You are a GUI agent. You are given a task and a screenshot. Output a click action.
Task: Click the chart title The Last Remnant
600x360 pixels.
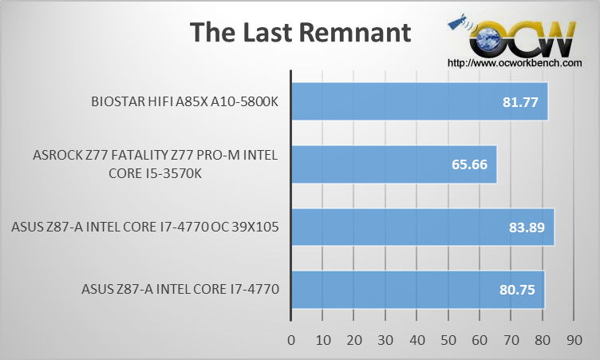(x=300, y=32)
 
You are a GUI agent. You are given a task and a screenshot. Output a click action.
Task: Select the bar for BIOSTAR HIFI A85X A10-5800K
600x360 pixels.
(x=420, y=101)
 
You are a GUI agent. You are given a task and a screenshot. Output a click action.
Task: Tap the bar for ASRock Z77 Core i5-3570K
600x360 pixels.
(x=394, y=164)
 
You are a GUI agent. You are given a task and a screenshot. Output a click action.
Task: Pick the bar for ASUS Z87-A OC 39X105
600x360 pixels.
(x=423, y=227)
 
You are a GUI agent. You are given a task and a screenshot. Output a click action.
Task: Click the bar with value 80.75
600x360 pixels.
(x=418, y=290)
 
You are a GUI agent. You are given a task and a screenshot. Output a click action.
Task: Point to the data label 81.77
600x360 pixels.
(x=520, y=102)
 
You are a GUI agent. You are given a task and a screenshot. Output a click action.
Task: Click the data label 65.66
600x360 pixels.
(x=469, y=164)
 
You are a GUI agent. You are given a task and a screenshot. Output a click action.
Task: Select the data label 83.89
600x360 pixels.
(x=527, y=227)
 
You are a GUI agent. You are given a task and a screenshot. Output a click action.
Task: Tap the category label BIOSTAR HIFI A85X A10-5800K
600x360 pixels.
(x=185, y=102)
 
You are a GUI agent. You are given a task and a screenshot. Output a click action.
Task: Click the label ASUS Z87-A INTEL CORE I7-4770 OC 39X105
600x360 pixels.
(x=145, y=227)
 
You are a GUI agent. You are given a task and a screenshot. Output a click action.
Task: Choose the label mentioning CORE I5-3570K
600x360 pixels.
(x=156, y=164)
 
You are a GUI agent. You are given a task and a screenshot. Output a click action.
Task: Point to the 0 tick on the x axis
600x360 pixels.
(x=291, y=340)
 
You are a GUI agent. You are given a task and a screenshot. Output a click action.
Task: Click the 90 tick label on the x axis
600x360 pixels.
(x=574, y=340)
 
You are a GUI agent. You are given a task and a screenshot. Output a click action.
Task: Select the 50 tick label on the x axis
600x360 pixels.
(x=448, y=340)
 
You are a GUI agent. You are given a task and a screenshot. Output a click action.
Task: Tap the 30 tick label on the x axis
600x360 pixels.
(x=385, y=340)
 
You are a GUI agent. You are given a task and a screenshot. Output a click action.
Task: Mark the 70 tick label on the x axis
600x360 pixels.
(x=511, y=340)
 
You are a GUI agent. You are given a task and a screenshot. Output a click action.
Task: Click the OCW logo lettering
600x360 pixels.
(x=523, y=38)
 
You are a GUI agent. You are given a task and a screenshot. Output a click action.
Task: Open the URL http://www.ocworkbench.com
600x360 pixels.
(x=515, y=63)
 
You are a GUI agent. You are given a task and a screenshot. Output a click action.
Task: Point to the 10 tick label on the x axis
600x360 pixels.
(x=323, y=340)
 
